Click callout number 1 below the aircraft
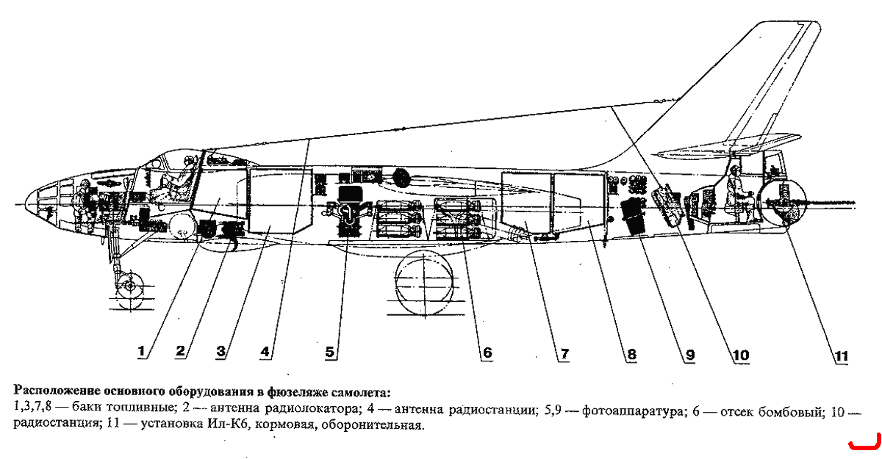[x=141, y=351]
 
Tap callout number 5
[x=329, y=352]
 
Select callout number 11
[x=842, y=356]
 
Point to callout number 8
[x=631, y=354]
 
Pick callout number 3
[x=221, y=351]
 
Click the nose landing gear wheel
[x=129, y=285]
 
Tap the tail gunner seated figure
[x=740, y=192]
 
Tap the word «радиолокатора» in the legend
[x=313, y=409]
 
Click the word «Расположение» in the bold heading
[x=57, y=391]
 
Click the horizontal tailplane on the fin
[x=728, y=145]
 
